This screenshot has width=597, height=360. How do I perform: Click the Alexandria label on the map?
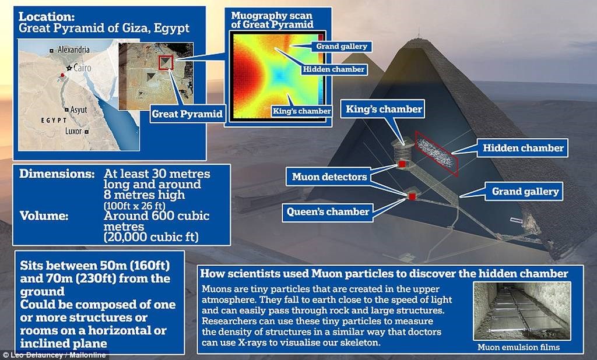pos(74,50)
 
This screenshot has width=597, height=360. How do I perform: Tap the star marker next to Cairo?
pos(69,68)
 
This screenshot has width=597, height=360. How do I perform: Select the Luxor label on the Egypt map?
pos(73,131)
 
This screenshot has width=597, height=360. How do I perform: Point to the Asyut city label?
pos(79,110)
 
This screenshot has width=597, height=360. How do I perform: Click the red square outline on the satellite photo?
pos(166,62)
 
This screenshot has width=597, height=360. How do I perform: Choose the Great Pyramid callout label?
pos(187,114)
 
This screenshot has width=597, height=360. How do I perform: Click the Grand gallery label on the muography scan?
pos(342,47)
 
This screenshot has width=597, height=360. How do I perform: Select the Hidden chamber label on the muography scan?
pos(333,69)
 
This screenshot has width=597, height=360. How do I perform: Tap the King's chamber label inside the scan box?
pos(301,111)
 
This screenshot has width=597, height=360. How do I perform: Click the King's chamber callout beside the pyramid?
pos(384,109)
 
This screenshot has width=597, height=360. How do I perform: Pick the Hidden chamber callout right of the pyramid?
pos(523,148)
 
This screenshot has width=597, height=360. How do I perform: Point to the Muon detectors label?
pos(329,177)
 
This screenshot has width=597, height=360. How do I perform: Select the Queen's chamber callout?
pos(328,211)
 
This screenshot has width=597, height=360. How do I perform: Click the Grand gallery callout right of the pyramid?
pos(525,192)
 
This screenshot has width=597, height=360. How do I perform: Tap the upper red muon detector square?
pos(401,164)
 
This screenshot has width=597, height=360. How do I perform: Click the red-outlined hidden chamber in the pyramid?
pos(436,153)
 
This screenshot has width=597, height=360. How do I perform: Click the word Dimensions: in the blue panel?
pos(57,174)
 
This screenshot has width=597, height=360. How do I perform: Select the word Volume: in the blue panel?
pos(44,216)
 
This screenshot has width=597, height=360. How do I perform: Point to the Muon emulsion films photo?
pos(522,310)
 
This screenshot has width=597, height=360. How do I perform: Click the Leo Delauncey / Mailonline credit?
pos(54,355)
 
